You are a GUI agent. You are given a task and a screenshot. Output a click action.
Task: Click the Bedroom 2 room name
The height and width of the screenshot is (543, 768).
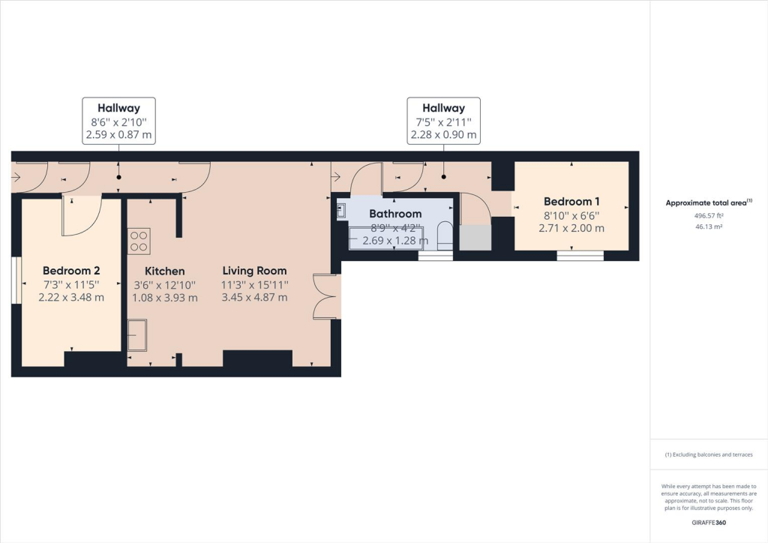point(71,271)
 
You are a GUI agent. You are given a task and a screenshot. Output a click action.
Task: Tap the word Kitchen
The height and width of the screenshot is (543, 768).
point(164,271)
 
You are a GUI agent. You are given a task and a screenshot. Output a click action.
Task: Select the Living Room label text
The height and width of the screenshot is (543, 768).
point(254,271)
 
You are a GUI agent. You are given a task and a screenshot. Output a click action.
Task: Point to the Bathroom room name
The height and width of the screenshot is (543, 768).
point(395,214)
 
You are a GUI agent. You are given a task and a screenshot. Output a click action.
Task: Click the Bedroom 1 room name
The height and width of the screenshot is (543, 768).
point(572,201)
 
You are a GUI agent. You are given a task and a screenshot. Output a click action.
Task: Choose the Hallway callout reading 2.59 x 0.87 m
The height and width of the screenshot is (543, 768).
point(118,121)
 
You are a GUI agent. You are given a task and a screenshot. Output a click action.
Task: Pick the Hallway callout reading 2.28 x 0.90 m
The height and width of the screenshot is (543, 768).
point(443,121)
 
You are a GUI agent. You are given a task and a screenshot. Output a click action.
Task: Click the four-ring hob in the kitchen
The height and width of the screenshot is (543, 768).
point(139,241)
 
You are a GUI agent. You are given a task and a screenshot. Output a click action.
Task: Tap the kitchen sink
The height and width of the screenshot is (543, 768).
point(137,334)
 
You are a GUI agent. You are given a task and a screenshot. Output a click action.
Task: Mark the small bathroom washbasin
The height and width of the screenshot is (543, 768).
point(341,211)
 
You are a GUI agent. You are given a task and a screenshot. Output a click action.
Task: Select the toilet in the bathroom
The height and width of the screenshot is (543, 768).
point(444,235)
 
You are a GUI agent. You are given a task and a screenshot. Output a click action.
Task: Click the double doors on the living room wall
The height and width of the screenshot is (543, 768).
point(324,297)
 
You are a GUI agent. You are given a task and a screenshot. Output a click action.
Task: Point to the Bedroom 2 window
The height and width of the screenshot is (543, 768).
point(16,281)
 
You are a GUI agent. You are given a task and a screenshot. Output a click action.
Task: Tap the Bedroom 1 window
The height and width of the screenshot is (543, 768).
point(580,256)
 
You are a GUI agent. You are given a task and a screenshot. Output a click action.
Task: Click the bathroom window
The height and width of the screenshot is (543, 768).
point(435,256)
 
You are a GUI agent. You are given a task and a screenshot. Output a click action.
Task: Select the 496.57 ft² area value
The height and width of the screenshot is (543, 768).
point(709,215)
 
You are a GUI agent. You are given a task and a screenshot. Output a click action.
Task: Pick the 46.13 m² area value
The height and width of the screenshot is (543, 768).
point(709,225)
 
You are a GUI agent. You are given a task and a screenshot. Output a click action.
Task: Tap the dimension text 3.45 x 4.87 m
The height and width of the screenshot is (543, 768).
point(254,297)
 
